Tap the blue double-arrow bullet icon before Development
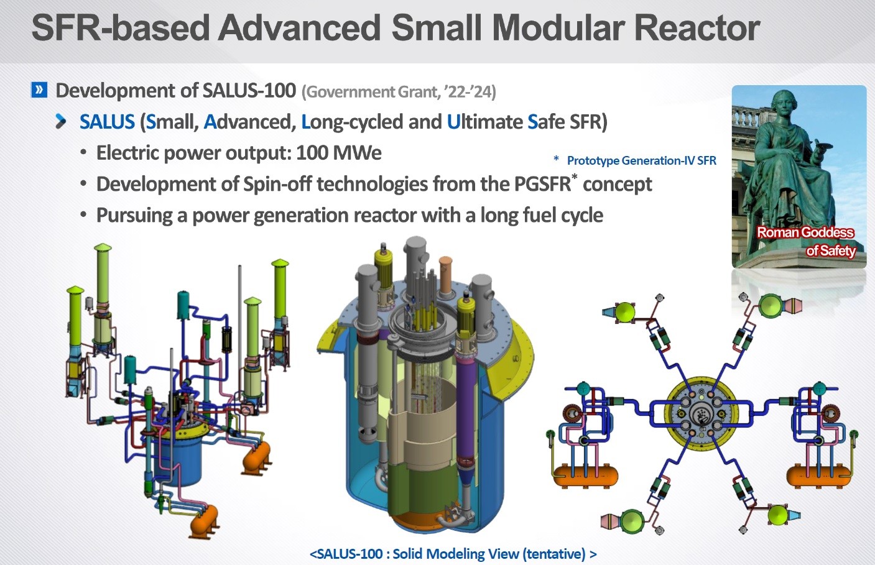tap(39, 90)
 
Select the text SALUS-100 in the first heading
tap(249, 91)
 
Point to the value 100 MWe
tap(339, 153)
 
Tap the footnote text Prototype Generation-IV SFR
tap(641, 160)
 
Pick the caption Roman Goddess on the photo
tap(805, 232)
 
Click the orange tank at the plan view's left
tap(585, 475)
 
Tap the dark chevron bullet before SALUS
tap(60, 121)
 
